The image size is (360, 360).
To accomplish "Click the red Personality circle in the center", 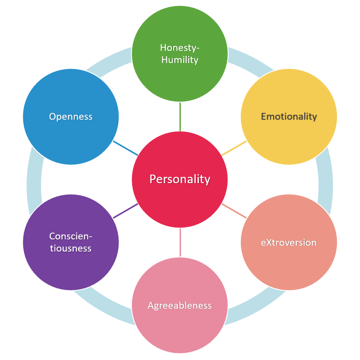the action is click(180, 179).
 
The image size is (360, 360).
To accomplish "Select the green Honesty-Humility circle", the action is click(180, 54).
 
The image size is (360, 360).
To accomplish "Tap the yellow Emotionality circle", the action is click(289, 117).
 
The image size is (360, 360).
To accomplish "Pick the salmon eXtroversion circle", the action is click(289, 242).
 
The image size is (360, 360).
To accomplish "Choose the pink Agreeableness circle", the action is click(180, 305).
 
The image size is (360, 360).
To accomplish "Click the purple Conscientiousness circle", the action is click(71, 242).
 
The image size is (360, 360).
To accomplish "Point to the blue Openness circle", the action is click(71, 117).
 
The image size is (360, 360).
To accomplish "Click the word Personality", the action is click(180, 179).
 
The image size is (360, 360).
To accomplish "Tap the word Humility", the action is click(180, 60).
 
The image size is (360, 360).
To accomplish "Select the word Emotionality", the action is click(289, 117).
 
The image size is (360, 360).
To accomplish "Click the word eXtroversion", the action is click(289, 243).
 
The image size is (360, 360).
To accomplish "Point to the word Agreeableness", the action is click(180, 306).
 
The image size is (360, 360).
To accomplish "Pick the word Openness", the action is click(71, 117).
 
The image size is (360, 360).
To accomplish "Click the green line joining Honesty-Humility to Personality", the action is click(180, 117).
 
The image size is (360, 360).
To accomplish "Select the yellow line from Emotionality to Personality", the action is click(234, 148).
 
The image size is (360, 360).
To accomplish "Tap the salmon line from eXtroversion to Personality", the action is click(234, 211).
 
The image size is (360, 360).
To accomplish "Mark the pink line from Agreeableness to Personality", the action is click(180, 242).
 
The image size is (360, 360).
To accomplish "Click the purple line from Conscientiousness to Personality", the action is click(126, 211).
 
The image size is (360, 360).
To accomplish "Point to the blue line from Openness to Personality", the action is click(126, 148).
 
